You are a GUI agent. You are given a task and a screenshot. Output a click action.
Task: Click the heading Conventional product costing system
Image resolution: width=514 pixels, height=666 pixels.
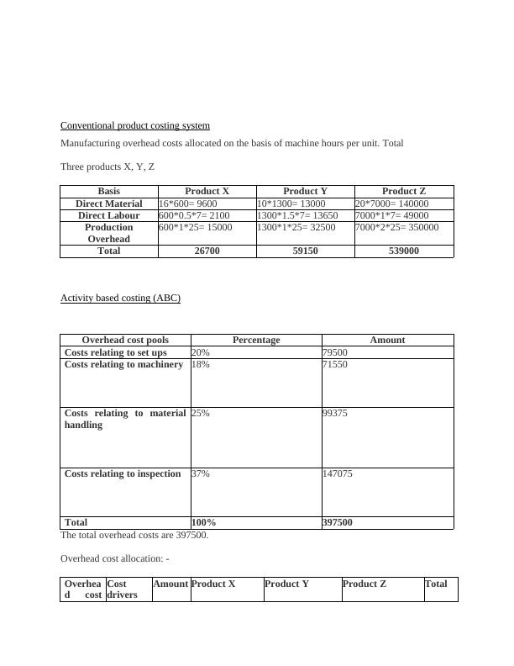point(134,126)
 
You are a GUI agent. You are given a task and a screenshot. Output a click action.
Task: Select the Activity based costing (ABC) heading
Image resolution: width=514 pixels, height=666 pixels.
point(120,299)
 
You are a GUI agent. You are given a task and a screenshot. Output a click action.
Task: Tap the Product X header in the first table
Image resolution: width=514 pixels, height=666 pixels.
point(207,192)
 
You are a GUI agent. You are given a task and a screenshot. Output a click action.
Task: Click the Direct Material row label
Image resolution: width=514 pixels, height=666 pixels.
point(109,203)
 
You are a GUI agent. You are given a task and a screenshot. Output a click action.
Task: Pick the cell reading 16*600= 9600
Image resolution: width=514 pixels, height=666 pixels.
point(188,203)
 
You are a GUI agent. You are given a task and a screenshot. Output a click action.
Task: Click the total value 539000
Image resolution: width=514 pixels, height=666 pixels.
point(403,251)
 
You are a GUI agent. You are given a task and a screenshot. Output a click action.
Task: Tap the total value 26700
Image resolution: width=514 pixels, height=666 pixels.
point(207,251)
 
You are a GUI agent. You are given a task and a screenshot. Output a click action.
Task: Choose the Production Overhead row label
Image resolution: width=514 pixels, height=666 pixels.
point(109,233)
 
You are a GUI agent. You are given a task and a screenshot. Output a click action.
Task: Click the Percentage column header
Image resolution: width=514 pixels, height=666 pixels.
point(256,341)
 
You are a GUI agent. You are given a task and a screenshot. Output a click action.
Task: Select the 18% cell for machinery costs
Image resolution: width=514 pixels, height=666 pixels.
point(201,365)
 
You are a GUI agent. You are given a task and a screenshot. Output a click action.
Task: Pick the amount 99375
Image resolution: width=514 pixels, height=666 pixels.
point(335,414)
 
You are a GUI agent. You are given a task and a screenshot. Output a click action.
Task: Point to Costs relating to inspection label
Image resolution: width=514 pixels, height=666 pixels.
point(123,474)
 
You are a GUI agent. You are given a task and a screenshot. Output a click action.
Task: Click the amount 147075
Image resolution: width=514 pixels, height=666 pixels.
point(338,474)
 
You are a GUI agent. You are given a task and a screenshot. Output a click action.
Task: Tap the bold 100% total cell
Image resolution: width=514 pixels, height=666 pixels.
point(204,522)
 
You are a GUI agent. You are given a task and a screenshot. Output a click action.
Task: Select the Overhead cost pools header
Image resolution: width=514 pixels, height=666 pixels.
point(126,341)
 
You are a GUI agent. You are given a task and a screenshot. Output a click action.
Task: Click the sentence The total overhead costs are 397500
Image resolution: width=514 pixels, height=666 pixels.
point(134,535)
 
